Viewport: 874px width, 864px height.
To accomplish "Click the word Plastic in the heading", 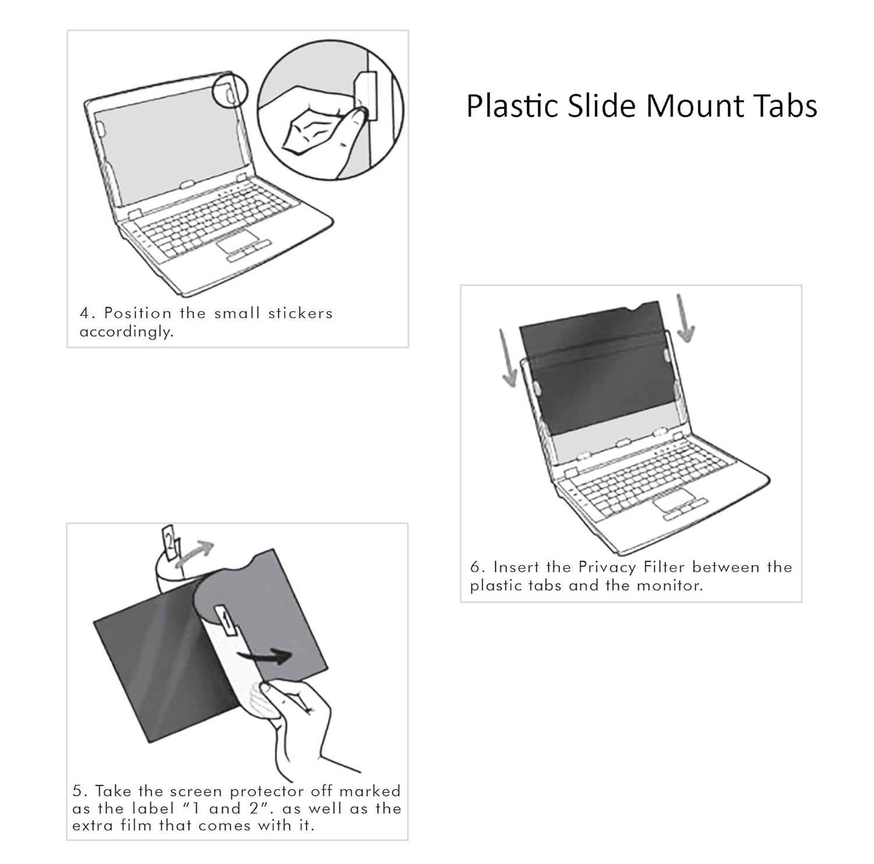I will coord(512,107).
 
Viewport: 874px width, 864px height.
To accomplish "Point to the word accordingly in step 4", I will coord(126,332).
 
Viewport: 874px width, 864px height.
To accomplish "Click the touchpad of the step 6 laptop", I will coord(673,502).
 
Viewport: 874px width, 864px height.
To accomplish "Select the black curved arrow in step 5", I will coord(266,657).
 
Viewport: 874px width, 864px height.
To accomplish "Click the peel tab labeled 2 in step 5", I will coord(168,543).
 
